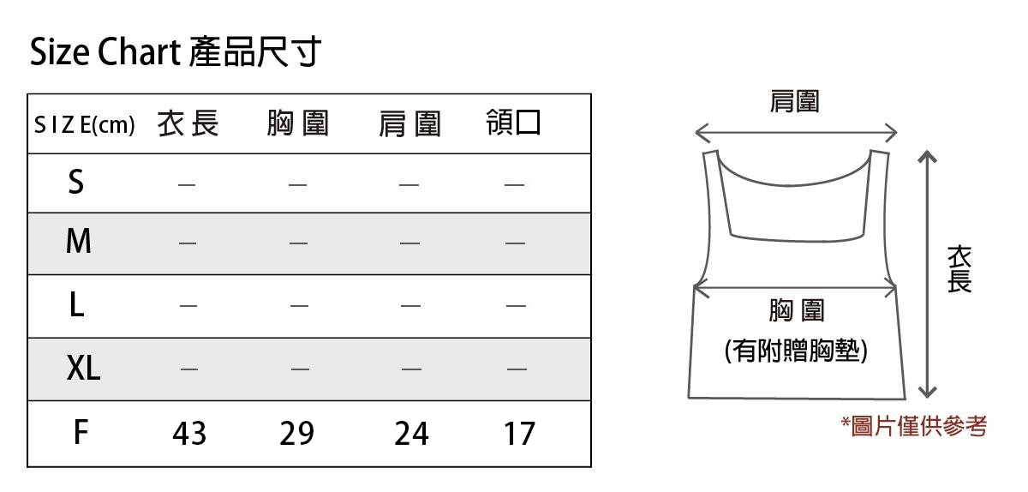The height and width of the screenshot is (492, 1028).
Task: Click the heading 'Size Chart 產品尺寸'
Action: pyautogui.click(x=175, y=53)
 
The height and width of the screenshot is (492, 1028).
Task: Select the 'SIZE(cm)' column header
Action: pyautogui.click(x=85, y=126)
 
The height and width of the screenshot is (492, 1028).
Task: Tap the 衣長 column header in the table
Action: pyautogui.click(x=188, y=125)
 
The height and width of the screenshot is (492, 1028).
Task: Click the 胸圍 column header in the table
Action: pyautogui.click(x=298, y=125)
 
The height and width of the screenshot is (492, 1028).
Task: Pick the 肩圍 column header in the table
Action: pyautogui.click(x=409, y=125)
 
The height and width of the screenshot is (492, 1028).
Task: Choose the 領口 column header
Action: pyautogui.click(x=513, y=123)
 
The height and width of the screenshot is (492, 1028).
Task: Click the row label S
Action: pyautogui.click(x=76, y=182)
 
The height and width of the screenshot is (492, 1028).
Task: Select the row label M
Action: pyautogui.click(x=78, y=243)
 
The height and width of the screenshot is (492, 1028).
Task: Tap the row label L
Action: pyautogui.click(x=76, y=305)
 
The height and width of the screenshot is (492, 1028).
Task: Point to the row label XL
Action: pyautogui.click(x=83, y=369)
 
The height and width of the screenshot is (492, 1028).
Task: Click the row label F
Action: pyautogui.click(x=79, y=432)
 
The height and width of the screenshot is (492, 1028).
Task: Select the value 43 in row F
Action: pyautogui.click(x=189, y=434)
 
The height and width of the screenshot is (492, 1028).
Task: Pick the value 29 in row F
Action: pyautogui.click(x=296, y=434)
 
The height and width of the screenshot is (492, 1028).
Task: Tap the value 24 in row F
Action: pyautogui.click(x=411, y=434)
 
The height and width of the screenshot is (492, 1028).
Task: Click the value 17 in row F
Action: pyautogui.click(x=519, y=434)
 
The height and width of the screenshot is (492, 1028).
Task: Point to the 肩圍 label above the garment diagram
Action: pyautogui.click(x=795, y=101)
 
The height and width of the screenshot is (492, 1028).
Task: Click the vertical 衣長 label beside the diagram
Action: pyautogui.click(x=959, y=268)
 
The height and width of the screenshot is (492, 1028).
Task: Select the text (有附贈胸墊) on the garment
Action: pyautogui.click(x=796, y=351)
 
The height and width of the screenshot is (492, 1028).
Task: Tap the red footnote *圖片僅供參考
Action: pyautogui.click(x=913, y=425)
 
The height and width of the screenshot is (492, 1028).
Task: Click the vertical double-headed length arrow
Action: pyautogui.click(x=926, y=274)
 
